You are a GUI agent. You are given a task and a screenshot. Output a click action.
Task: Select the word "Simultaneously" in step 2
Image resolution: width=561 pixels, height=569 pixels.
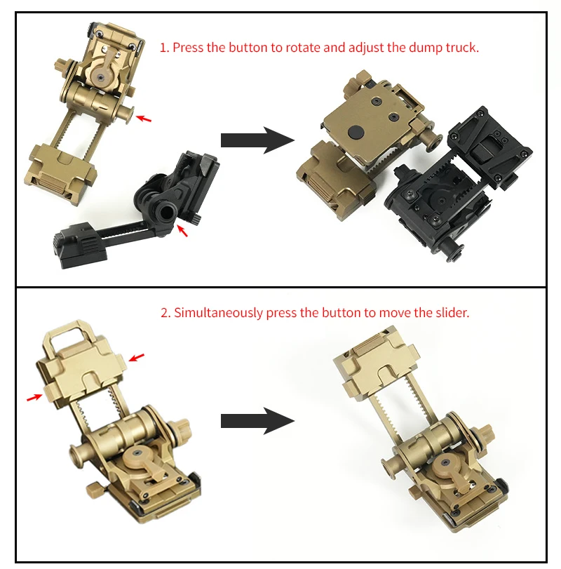coord(218,313)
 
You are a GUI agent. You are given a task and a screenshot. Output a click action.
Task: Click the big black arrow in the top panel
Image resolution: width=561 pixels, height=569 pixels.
coord(257,140)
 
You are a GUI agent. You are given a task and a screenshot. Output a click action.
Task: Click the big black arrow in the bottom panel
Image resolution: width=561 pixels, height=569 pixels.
coord(257,421)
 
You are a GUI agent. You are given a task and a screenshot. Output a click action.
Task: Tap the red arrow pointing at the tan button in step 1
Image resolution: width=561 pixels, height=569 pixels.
coord(144,119)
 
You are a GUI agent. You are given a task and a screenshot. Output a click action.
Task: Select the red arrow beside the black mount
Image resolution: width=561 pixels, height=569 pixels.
coord(182,230)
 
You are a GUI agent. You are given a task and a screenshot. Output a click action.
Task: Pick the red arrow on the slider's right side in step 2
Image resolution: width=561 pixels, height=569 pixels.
coord(136,357)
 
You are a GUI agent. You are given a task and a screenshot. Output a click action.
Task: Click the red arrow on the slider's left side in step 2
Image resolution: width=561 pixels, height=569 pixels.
coord(34,398)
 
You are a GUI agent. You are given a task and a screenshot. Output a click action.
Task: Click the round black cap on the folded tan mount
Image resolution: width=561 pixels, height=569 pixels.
coord(356,133)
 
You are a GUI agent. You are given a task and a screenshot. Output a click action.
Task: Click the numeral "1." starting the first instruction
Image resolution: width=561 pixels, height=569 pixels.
coord(165,48)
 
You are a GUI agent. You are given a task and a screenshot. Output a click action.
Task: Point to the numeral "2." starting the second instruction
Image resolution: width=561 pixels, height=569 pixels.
coord(165,313)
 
